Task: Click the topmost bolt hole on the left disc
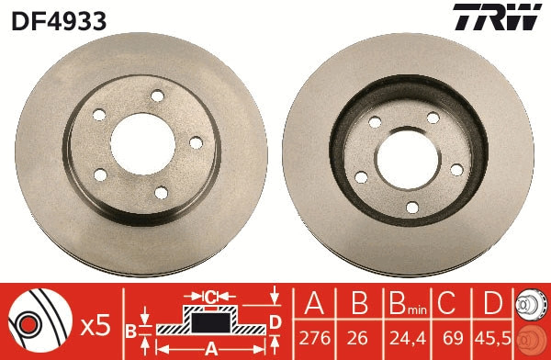pyautogui.click(x=157, y=96)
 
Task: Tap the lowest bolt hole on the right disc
pyautogui.click(x=411, y=207)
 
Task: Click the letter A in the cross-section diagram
pyautogui.click(x=209, y=348)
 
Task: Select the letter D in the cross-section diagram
pyautogui.click(x=274, y=321)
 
